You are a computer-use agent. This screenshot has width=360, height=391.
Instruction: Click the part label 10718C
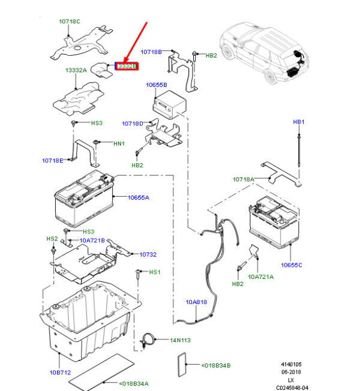[69, 22]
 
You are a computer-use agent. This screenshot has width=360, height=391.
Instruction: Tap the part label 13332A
[76, 70]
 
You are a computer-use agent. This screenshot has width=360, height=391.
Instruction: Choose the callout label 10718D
[132, 124]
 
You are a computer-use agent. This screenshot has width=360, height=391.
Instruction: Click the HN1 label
[119, 144]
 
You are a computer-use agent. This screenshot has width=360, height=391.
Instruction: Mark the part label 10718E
[52, 160]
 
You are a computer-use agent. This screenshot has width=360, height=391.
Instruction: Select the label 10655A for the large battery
[138, 197]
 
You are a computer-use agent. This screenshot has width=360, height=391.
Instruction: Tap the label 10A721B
[92, 240]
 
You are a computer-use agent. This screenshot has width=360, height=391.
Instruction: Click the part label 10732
[148, 255]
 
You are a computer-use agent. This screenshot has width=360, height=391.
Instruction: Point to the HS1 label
[155, 273]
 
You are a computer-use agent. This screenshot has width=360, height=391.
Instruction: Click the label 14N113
[179, 340]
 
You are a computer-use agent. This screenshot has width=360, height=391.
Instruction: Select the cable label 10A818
[196, 302]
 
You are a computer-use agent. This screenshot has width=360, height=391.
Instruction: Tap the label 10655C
[291, 264]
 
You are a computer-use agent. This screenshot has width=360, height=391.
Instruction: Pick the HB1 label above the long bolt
[299, 122]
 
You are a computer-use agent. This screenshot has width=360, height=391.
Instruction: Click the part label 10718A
[244, 179]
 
